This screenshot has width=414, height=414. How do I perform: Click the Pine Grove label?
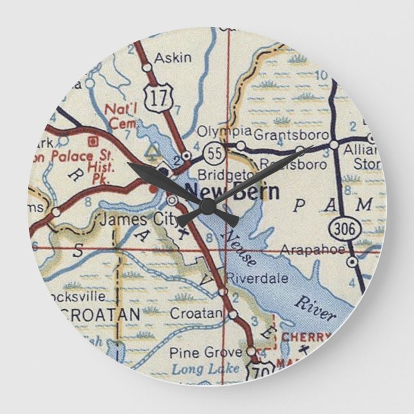click(x=195, y=352)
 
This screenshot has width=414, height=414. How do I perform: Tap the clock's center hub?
click(x=207, y=206)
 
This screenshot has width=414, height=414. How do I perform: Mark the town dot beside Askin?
click(x=147, y=67)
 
